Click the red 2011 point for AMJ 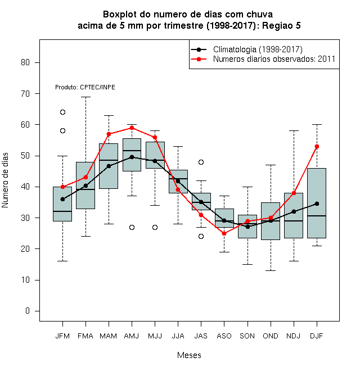click(x=132, y=128)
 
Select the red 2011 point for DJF click(x=317, y=147)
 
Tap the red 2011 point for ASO click(x=224, y=233)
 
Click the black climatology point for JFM click(x=62, y=199)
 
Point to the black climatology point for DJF click(x=317, y=203)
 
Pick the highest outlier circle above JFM click(x=62, y=112)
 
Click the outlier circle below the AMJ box click(x=132, y=228)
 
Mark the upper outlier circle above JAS click(x=201, y=162)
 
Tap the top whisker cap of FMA click(x=85, y=97)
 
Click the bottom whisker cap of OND click(x=271, y=270)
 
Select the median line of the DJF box click(x=317, y=216)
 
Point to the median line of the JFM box click(x=62, y=211)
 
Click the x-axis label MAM click(x=109, y=336)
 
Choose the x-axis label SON click(x=247, y=336)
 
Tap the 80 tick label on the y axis click(x=25, y=62)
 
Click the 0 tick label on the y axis click(x=28, y=311)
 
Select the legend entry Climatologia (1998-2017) click(x=258, y=49)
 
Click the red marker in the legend click(x=199, y=59)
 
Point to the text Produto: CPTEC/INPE click(x=85, y=87)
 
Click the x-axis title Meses click(x=189, y=355)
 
